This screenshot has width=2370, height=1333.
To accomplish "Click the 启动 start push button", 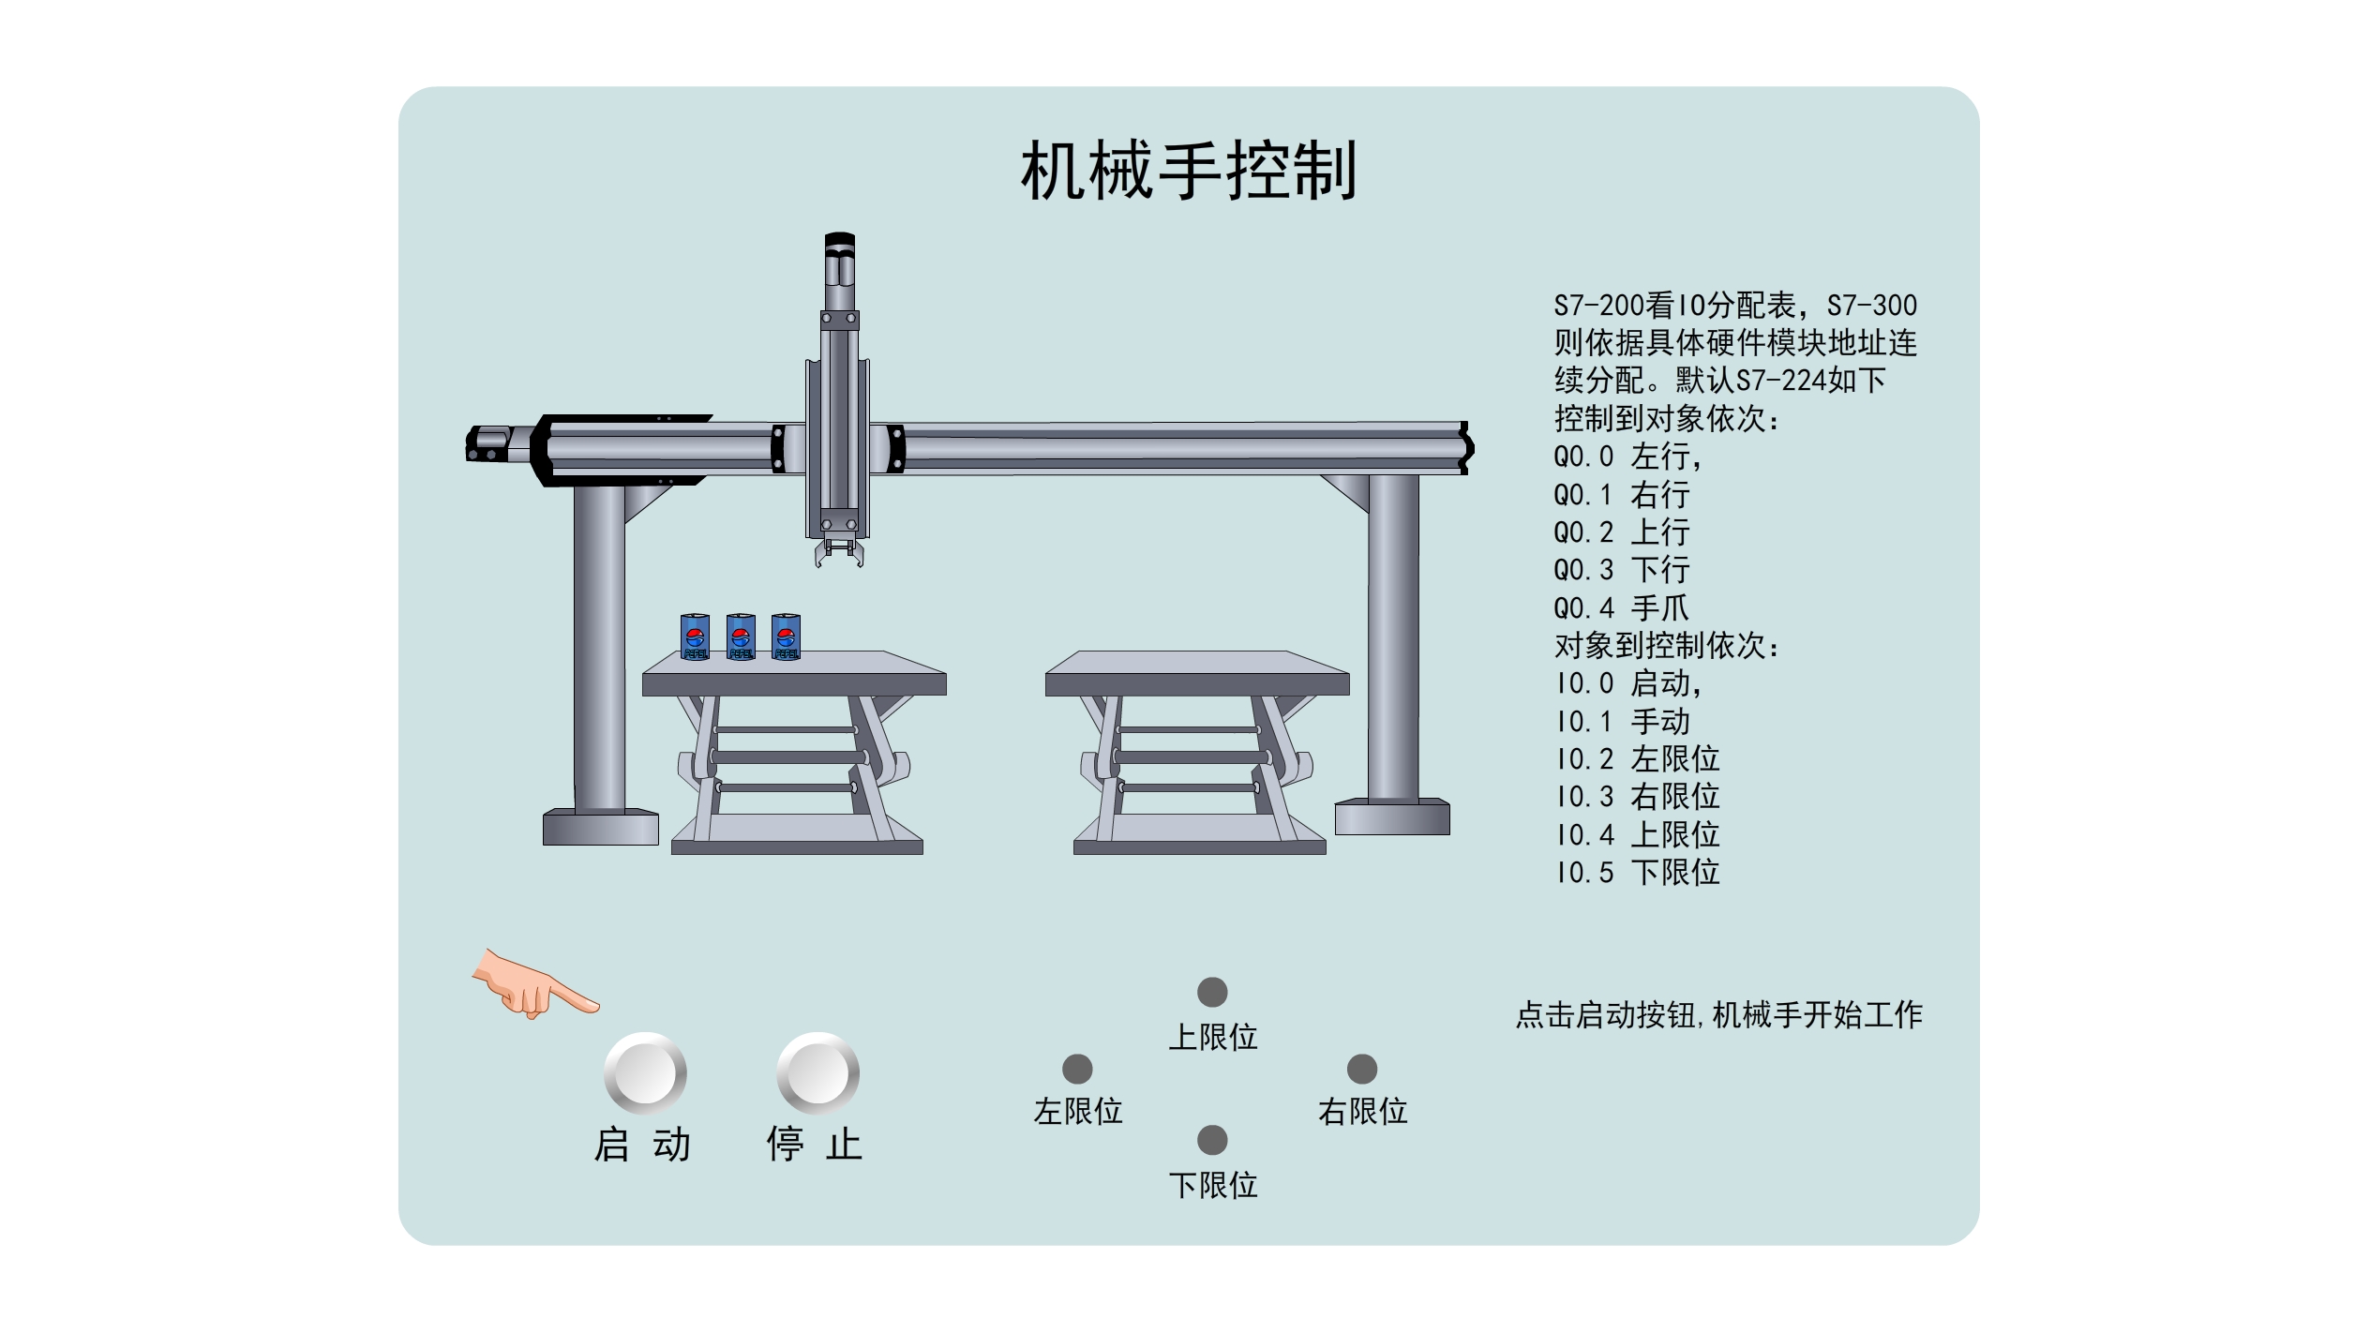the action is click(645, 1072).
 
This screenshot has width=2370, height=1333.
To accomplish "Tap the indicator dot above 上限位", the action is click(1212, 992).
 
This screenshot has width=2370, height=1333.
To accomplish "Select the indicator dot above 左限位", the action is click(1077, 1069).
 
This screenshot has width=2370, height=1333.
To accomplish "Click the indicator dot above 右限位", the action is click(1362, 1069).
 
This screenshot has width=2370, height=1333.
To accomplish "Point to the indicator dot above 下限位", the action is click(1212, 1140).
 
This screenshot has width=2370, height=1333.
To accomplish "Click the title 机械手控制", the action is click(1189, 171).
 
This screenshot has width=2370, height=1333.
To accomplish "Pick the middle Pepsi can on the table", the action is click(741, 637).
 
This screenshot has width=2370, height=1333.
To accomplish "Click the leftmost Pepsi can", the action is click(695, 637).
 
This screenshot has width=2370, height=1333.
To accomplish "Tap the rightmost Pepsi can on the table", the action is click(786, 637).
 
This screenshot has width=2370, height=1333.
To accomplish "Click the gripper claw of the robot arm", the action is click(839, 552).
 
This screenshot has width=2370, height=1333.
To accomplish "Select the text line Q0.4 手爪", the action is click(1621, 608).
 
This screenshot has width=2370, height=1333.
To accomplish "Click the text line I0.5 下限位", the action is click(1637, 873).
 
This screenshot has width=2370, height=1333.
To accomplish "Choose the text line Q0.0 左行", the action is click(1628, 457).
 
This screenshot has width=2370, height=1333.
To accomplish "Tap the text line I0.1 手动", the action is click(1622, 722).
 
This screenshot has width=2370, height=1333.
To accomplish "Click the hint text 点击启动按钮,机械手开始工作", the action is click(1719, 1014).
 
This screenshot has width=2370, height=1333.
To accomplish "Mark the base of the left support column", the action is click(601, 827).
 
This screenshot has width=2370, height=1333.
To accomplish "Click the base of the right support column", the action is click(1392, 816).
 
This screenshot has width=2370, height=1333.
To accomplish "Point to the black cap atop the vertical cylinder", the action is click(840, 242).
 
